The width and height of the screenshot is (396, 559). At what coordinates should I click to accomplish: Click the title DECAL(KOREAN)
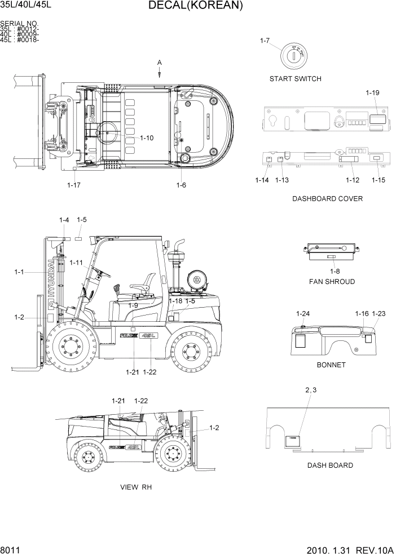pos(196,6)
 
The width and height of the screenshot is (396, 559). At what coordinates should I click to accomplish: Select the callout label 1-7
pos(266,41)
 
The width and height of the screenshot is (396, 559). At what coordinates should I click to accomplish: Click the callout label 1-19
pos(372,93)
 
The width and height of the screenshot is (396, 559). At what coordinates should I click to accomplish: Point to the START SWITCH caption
pos(295,79)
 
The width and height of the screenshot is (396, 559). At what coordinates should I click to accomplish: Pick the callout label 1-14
pos(262,180)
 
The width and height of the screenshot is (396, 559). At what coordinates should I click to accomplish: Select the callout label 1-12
pos(352,180)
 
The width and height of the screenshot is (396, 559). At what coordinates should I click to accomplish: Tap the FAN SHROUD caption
pos(332,282)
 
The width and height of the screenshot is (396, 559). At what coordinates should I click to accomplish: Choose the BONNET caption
pos(331,365)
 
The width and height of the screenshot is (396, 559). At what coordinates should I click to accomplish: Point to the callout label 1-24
pos(303,313)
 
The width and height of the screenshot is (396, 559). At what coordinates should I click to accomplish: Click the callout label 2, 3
pos(311,390)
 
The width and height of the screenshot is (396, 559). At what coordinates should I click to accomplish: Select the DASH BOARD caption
pos(330,465)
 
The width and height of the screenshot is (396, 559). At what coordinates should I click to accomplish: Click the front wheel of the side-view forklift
pos(70,347)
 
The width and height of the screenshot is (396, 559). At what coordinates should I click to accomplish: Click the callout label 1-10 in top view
pos(146,138)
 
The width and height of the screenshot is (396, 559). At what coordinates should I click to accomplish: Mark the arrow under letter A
pos(160,72)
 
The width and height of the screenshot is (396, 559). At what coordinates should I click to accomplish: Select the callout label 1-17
pos(74,184)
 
